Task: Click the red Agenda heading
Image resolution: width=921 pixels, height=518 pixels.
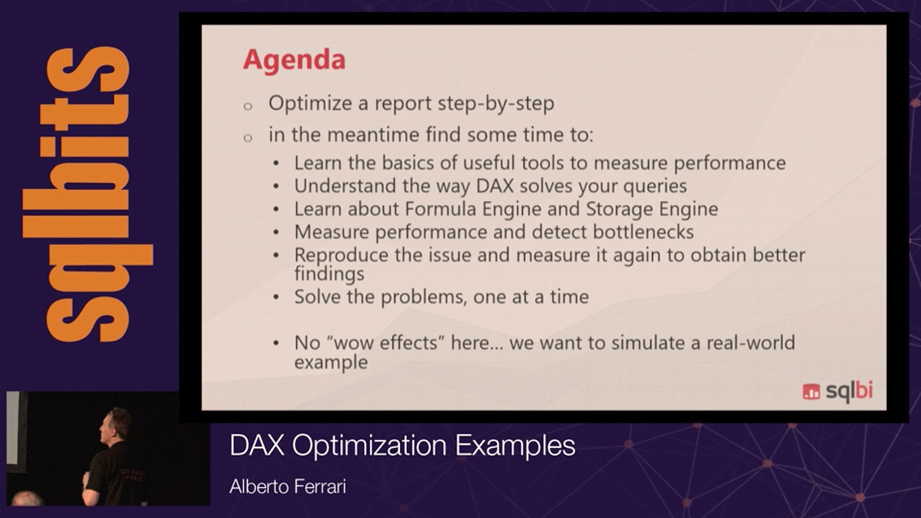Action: tap(294, 61)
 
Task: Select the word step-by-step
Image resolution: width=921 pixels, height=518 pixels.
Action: tap(496, 104)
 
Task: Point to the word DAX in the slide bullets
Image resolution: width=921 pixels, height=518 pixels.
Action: tap(495, 186)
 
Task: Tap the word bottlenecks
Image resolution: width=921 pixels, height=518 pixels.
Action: tap(643, 232)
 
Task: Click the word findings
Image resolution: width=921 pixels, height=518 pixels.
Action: tap(330, 274)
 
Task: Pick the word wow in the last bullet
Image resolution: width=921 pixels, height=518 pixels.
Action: tap(354, 342)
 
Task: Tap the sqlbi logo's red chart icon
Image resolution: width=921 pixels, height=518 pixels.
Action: tap(811, 391)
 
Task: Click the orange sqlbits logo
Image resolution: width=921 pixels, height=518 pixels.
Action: tap(88, 193)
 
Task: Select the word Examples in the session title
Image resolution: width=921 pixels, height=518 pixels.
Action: tap(515, 446)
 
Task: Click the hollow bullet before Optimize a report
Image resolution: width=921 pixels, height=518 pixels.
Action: tap(248, 107)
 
